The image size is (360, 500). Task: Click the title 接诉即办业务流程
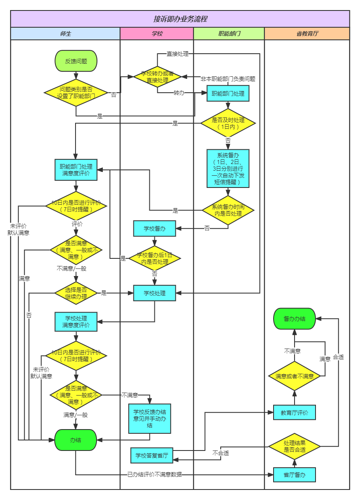(x=180, y=19)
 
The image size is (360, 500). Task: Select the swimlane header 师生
(x=65, y=34)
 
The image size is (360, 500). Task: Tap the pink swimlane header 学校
(x=157, y=34)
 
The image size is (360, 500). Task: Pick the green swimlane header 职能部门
(x=229, y=34)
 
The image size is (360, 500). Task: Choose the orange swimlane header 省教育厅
(x=307, y=34)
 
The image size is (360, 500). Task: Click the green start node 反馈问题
(x=76, y=61)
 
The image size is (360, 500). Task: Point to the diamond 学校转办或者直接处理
(x=157, y=76)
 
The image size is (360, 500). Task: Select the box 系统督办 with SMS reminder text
(x=228, y=168)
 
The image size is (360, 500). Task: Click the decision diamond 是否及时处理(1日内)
(x=228, y=123)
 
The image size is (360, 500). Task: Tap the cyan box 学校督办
(x=154, y=229)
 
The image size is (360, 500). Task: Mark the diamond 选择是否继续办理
(x=76, y=293)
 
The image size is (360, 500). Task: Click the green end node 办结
(x=76, y=440)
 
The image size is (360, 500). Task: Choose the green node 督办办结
(x=295, y=319)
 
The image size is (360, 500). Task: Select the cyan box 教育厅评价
(x=295, y=413)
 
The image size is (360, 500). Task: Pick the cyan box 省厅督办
(x=295, y=475)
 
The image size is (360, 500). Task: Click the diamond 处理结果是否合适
(x=295, y=446)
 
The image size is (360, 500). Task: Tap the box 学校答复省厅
(x=152, y=455)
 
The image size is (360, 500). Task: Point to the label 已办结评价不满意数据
(x=154, y=475)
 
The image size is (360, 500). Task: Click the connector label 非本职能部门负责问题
(x=228, y=78)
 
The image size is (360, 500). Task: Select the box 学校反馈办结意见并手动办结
(x=150, y=419)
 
